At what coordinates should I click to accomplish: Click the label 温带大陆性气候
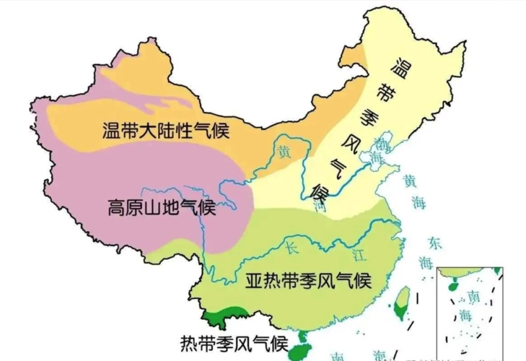(x=165, y=131)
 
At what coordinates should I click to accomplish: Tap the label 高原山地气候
(x=161, y=208)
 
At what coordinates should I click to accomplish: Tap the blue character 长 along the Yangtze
(x=292, y=248)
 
